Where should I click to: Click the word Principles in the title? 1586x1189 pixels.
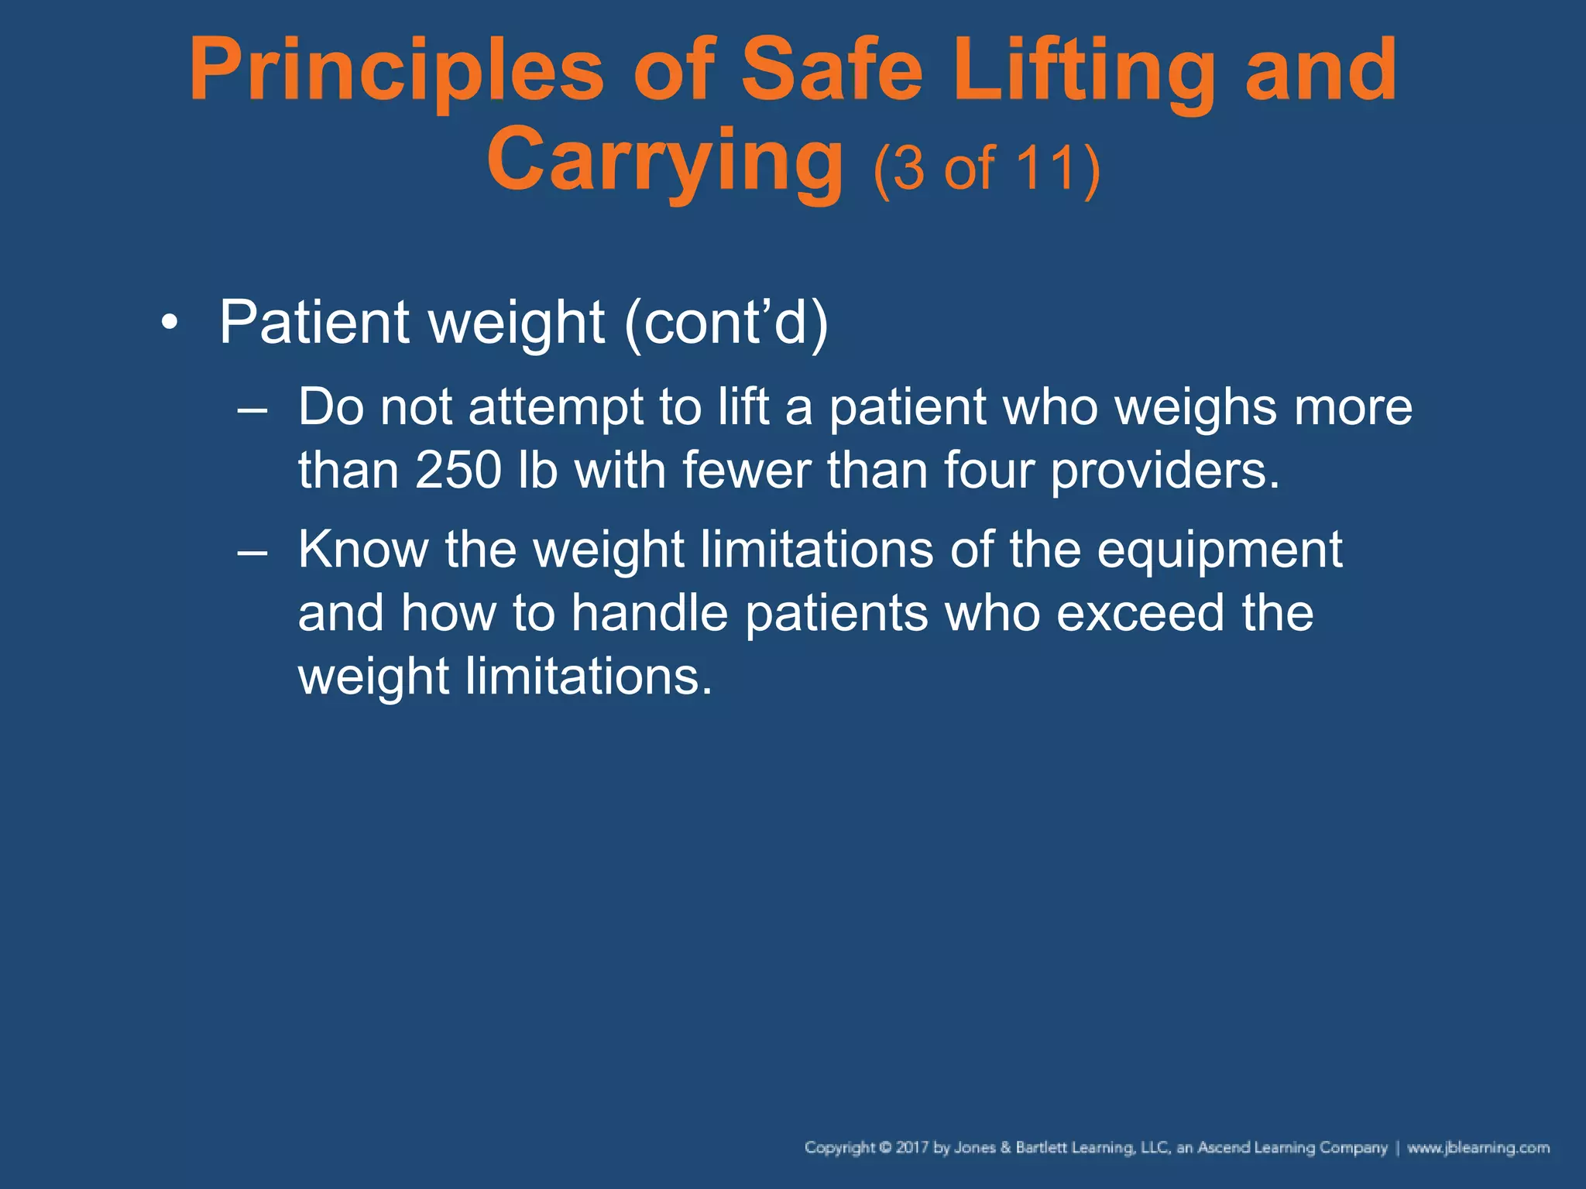pos(396,71)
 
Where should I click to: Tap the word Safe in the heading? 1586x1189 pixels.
pos(832,71)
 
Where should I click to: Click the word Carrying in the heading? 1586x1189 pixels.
pos(664,161)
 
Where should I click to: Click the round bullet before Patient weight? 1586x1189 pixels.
pos(170,323)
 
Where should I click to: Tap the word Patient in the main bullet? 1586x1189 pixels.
pos(314,322)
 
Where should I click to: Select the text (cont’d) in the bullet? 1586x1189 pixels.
pos(726,322)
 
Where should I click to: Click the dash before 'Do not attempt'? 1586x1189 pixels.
pos(252,409)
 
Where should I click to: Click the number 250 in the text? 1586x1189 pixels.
pos(458,470)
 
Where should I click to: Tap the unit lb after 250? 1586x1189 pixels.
pos(537,470)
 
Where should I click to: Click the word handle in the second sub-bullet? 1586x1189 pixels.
pos(649,613)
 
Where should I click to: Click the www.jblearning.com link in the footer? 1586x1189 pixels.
pos(1478,1148)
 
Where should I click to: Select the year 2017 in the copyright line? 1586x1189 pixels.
pos(911,1148)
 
